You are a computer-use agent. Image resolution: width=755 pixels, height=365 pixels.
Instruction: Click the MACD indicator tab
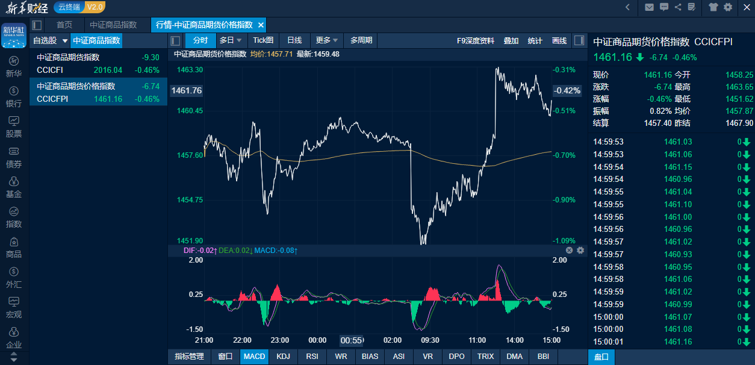(254, 357)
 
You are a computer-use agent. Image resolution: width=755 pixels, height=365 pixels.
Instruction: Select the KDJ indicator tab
(283, 357)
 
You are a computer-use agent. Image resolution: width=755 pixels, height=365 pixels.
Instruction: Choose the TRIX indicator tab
(485, 357)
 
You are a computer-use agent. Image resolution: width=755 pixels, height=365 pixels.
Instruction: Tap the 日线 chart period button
(294, 40)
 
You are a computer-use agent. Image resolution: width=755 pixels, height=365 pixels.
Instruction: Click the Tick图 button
(263, 40)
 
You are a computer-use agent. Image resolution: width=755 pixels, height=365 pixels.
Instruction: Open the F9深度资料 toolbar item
(475, 40)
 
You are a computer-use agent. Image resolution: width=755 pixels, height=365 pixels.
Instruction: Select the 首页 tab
(64, 25)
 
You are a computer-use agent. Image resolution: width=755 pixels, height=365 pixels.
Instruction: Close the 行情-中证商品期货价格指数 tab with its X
(261, 25)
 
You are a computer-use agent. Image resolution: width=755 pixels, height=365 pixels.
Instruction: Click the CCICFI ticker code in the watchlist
(50, 70)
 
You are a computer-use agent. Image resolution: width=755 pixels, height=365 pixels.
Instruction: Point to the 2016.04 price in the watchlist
(108, 70)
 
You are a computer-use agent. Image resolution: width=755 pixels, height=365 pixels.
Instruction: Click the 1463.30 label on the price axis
(190, 69)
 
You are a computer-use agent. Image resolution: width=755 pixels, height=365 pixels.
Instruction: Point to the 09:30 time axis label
(429, 340)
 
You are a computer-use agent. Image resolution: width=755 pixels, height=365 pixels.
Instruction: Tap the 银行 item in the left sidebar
(14, 96)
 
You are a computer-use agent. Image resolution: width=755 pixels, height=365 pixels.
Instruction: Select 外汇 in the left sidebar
(14, 277)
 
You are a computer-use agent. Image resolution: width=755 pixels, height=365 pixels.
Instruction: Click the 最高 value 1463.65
(739, 87)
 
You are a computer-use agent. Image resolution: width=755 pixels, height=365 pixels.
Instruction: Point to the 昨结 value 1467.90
(739, 123)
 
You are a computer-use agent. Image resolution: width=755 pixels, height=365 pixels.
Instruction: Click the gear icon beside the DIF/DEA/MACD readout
(580, 250)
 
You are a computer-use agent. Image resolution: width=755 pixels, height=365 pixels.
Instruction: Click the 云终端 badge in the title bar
(69, 7)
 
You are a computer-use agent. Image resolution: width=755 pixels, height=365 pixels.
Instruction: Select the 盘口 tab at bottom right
(601, 357)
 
